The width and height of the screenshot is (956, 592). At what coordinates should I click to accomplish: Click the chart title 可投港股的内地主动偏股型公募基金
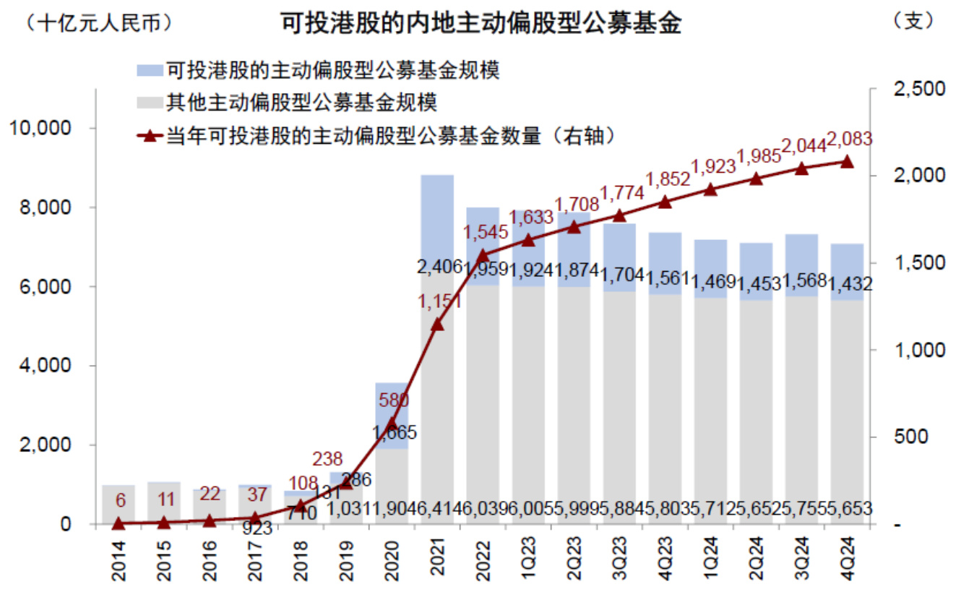480,23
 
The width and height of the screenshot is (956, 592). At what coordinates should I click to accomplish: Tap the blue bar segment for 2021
437,217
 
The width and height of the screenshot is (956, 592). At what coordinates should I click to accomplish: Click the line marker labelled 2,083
848,161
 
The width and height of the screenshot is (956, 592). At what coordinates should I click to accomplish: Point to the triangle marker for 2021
437,325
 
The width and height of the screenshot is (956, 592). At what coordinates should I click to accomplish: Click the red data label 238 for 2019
328,459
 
